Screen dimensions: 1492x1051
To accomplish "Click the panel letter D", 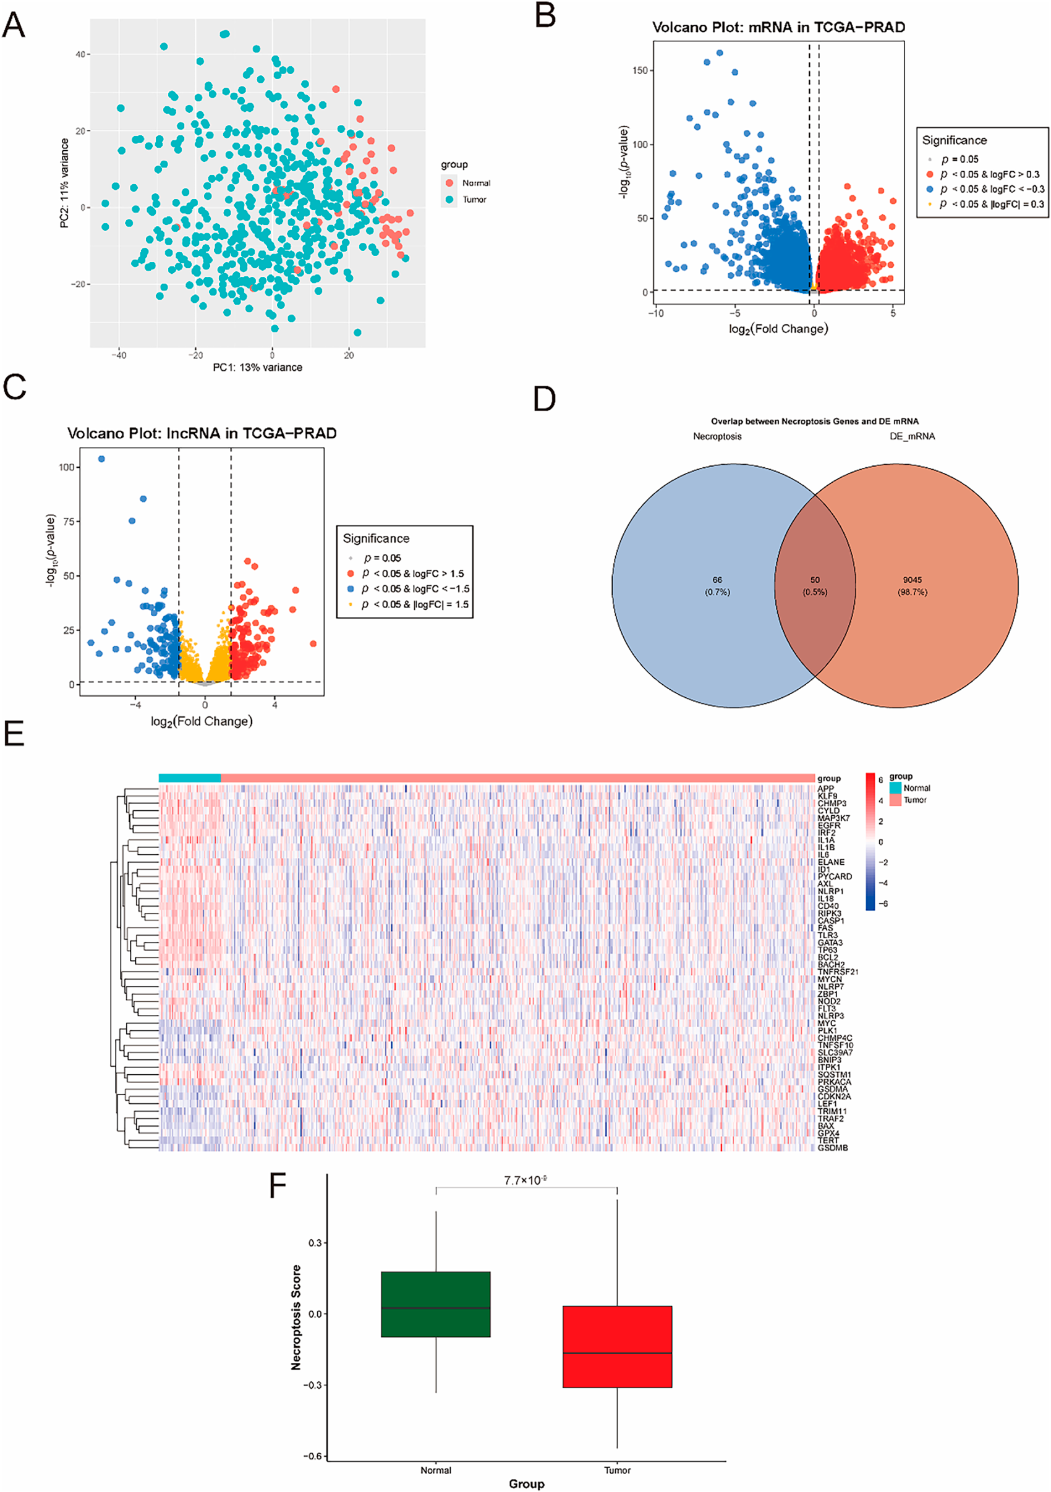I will pyautogui.click(x=545, y=399).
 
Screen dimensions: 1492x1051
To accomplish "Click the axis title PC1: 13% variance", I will pyautogui.click(x=257, y=367).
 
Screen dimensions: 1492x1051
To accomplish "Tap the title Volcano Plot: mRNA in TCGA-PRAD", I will pyautogui.click(x=778, y=27).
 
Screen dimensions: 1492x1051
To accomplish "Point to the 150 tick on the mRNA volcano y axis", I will pyautogui.click(x=640, y=70).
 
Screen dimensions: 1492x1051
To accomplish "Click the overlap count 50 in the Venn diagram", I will pyautogui.click(x=814, y=580).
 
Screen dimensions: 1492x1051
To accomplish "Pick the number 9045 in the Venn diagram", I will pyautogui.click(x=912, y=580).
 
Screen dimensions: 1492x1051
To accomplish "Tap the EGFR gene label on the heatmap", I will pyautogui.click(x=828, y=825).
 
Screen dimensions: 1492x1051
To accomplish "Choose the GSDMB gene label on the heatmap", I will pyautogui.click(x=833, y=1148).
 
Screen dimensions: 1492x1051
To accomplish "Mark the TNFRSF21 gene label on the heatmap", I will pyautogui.click(x=838, y=972).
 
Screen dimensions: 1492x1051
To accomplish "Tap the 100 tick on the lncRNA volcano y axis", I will pyautogui.click(x=66, y=467).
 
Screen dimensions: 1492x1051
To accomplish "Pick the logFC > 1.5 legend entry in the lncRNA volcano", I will pyautogui.click(x=413, y=574).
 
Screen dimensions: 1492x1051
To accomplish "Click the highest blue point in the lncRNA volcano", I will pyautogui.click(x=101, y=459).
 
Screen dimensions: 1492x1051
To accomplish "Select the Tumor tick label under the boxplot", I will pyautogui.click(x=617, y=1470).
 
